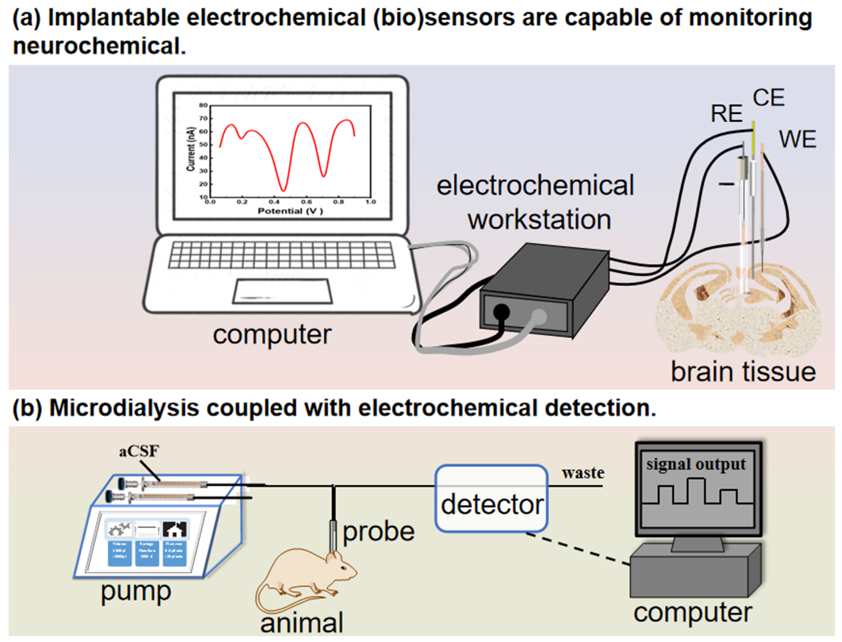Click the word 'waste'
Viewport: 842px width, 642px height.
(583, 473)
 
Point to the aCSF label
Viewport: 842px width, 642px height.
(139, 452)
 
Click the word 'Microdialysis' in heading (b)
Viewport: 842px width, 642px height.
(124, 408)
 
